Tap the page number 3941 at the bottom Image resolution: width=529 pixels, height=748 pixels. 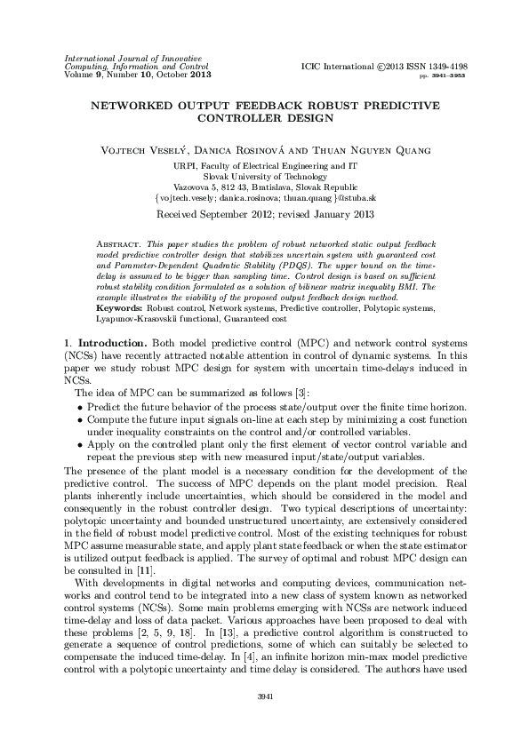coord(264,719)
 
